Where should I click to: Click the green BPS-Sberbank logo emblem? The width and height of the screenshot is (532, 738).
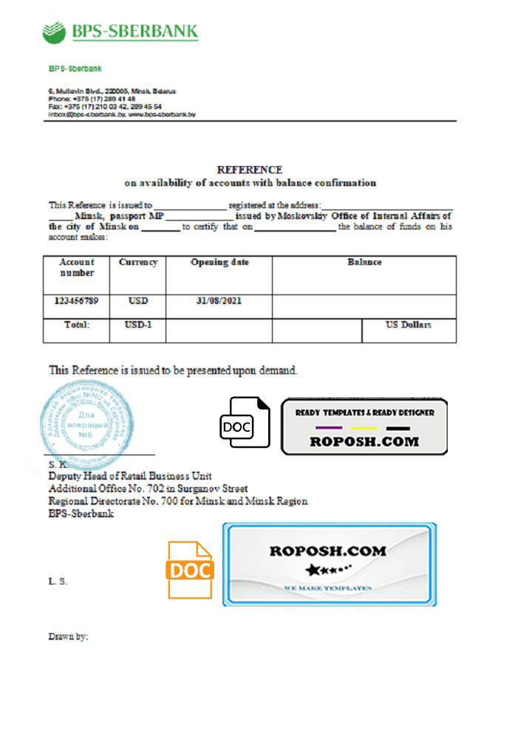54,32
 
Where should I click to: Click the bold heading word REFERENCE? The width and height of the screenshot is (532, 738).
249,170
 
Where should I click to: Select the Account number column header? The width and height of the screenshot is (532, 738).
77,267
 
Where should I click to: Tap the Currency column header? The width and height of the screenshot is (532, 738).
138,262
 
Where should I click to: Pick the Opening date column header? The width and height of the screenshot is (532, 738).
219,262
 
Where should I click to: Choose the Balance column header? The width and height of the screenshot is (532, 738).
364,262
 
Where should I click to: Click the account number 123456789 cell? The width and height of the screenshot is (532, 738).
77,301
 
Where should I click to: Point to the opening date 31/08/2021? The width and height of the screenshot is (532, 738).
219,301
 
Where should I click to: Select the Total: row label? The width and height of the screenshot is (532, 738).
77,325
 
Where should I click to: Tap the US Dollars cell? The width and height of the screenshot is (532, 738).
409,325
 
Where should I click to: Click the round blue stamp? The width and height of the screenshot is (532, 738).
89,421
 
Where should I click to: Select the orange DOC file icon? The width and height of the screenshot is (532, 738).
191,570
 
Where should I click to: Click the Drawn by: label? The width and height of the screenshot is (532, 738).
69,635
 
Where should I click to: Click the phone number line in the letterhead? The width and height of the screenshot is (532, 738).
92,99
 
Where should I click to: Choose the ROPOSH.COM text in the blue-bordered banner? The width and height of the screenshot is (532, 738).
328,551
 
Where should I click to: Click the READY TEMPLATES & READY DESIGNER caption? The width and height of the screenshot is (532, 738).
365,413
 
